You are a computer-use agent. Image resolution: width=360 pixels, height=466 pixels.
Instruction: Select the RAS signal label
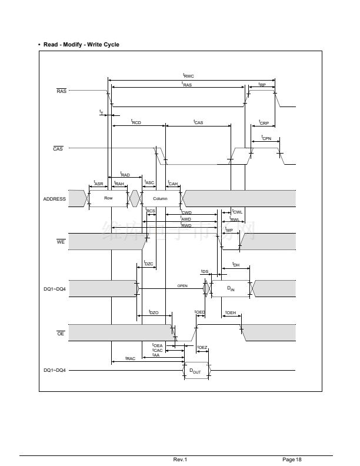pyautogui.click(x=61, y=91)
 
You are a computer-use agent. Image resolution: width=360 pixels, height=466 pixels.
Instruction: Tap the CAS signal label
pyautogui.click(x=58, y=148)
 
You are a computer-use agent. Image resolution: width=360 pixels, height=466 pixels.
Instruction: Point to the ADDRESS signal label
pyautogui.click(x=55, y=199)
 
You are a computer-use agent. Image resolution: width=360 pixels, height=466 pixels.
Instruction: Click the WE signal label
pyautogui.click(x=61, y=242)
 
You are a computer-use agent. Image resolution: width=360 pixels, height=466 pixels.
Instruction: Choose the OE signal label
pyautogui.click(x=60, y=334)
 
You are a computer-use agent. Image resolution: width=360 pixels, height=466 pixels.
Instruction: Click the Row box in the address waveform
pyautogui.click(x=108, y=198)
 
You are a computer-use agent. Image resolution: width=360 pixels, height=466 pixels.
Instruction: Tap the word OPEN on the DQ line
pyautogui.click(x=182, y=286)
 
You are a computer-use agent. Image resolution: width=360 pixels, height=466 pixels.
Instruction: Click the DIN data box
pyautogui.click(x=231, y=289)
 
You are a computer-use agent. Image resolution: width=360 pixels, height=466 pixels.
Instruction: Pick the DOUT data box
pyautogui.click(x=195, y=371)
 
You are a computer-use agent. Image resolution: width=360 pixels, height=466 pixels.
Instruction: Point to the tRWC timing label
pyautogui.click(x=188, y=75)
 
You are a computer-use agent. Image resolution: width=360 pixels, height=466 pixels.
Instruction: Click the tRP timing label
pyautogui.click(x=262, y=85)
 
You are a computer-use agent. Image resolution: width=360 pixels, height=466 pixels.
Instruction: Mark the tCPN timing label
pyautogui.click(x=266, y=138)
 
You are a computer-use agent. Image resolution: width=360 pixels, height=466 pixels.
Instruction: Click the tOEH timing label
pyautogui.click(x=230, y=312)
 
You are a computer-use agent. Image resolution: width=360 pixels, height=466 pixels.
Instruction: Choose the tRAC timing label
pyautogui.click(x=130, y=358)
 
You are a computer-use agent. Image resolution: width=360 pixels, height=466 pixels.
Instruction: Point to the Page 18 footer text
pyautogui.click(x=292, y=460)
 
